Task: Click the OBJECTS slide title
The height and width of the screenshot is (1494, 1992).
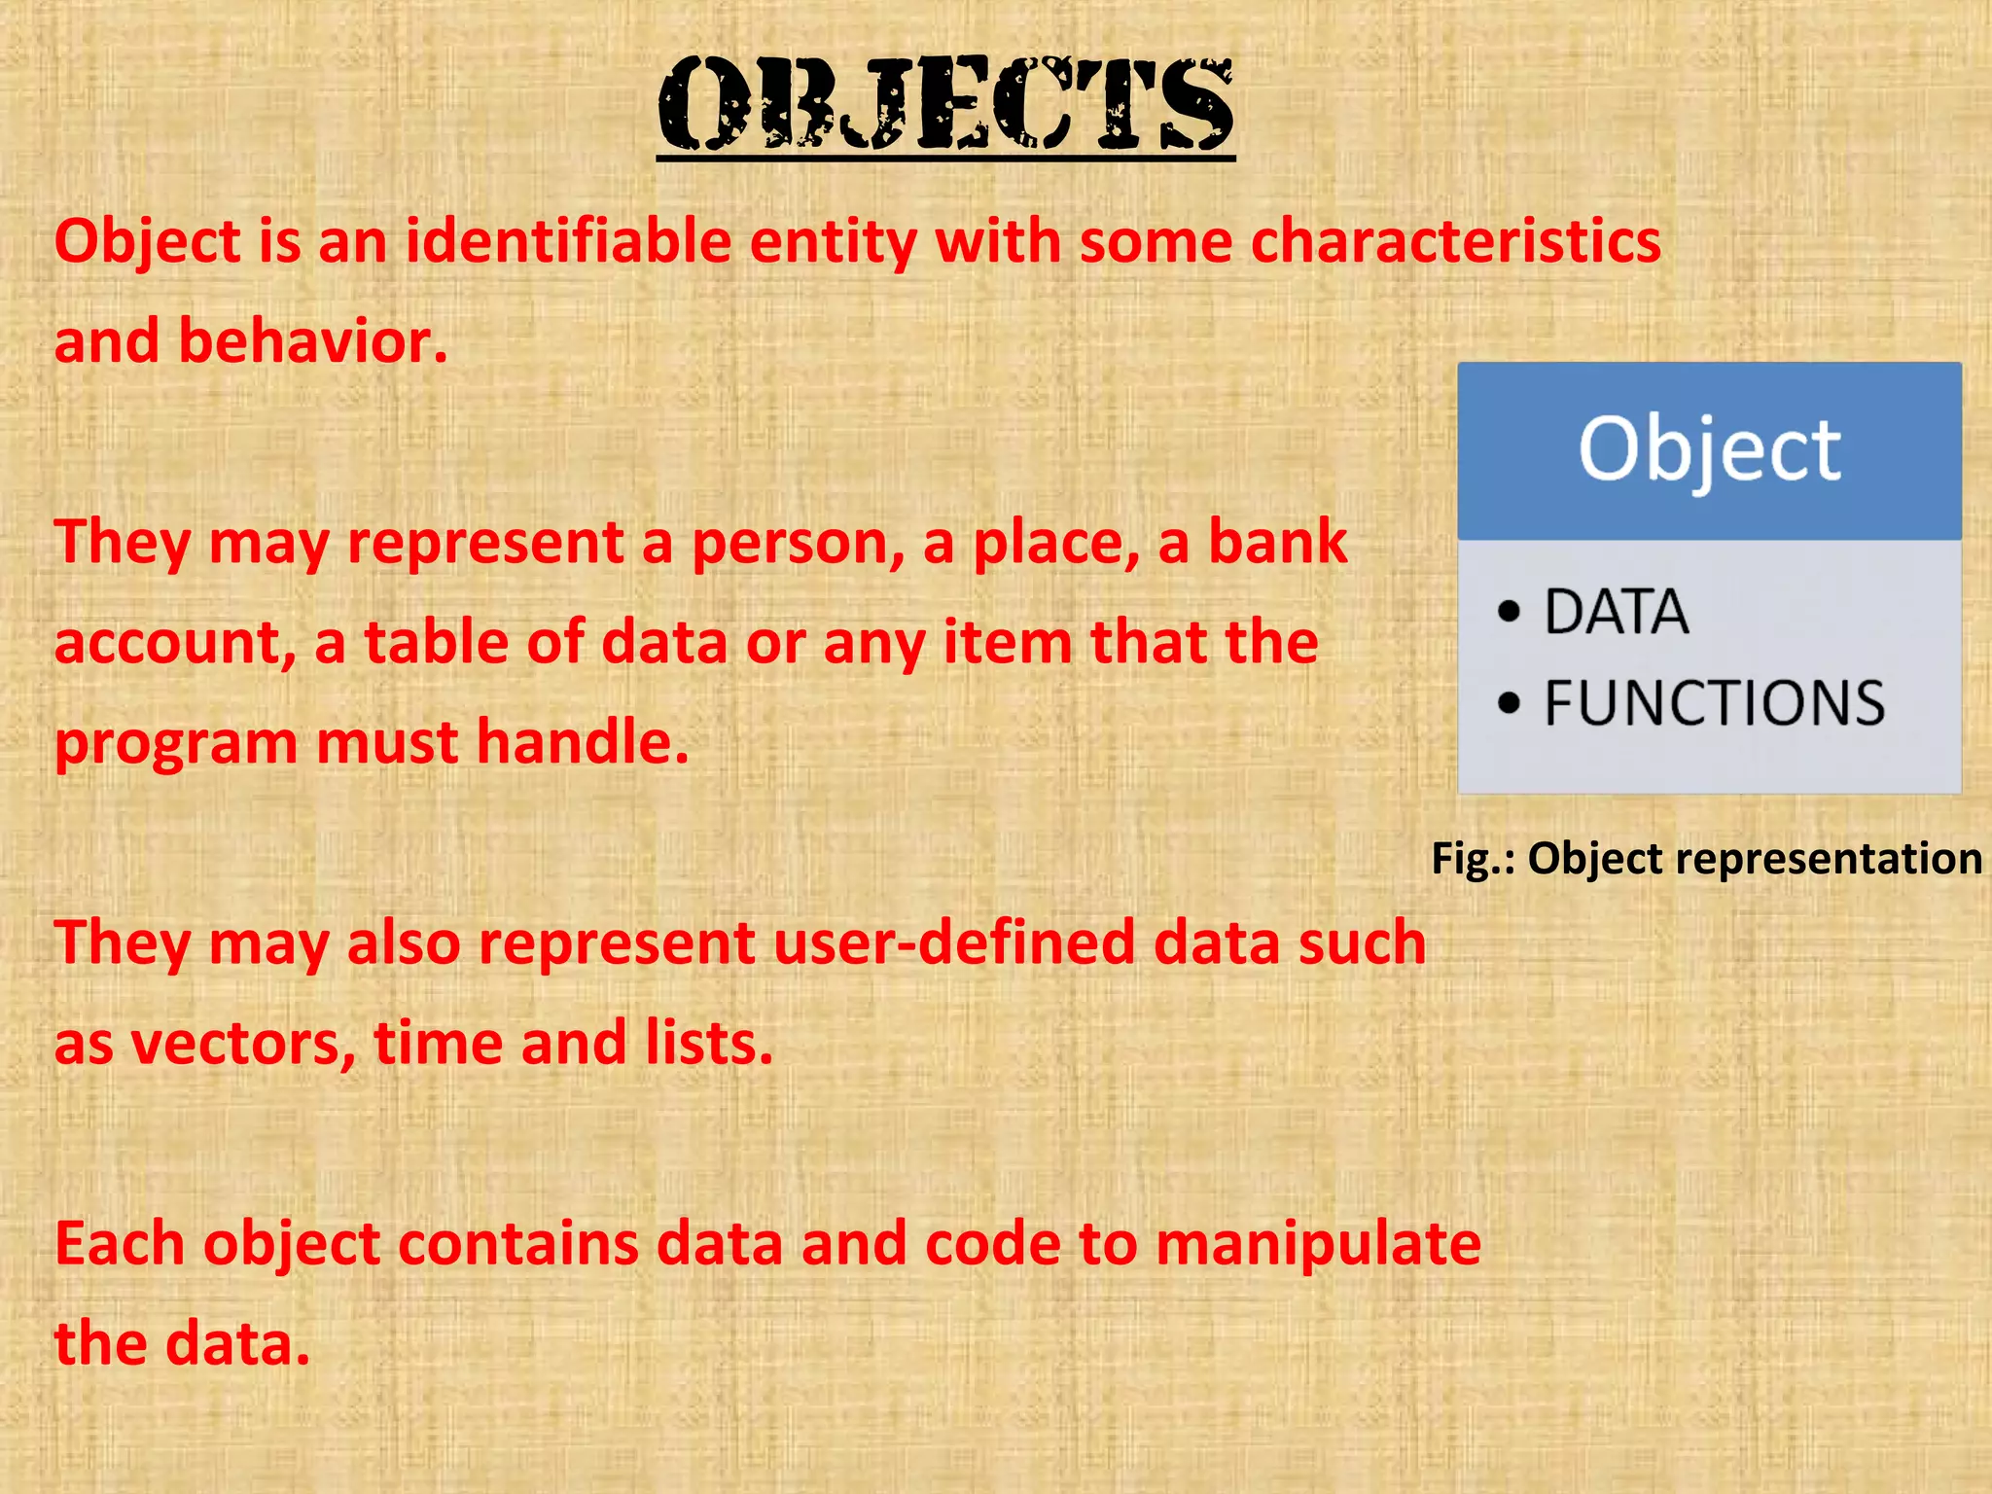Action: [945, 105]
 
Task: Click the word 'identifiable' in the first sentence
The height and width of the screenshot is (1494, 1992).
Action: [568, 241]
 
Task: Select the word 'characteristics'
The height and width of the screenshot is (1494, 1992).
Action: [1456, 241]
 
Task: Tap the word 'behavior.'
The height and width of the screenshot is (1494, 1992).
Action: [312, 342]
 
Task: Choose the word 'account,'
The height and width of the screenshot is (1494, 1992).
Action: [175, 643]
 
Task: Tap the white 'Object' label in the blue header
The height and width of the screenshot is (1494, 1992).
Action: [1709, 450]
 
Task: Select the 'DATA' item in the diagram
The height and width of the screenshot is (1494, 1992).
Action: [1617, 613]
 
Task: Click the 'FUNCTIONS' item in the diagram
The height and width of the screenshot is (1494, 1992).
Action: [1714, 703]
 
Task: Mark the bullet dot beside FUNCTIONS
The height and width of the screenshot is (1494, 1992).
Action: [1509, 703]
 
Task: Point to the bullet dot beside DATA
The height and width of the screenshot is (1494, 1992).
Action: [1509, 612]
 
